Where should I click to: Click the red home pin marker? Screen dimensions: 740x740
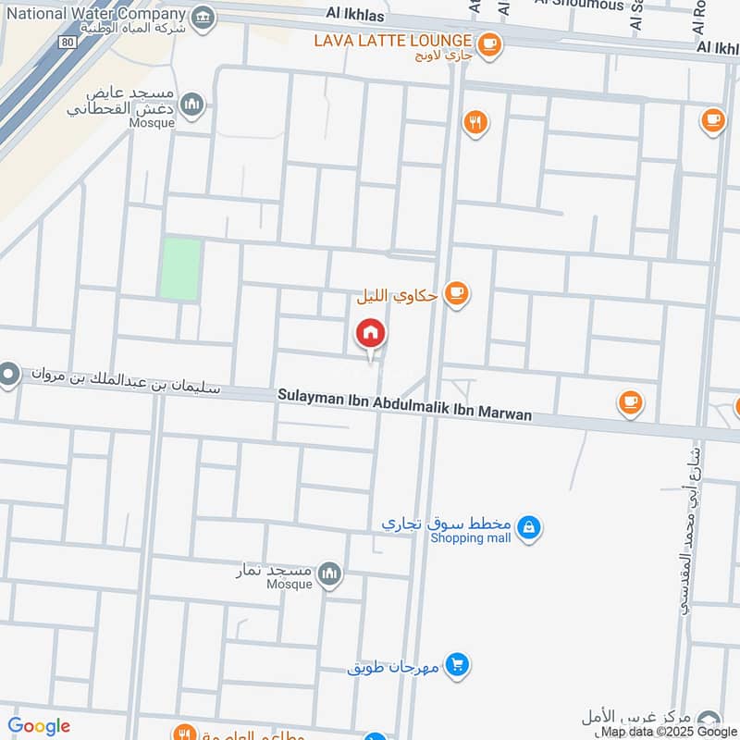tap(371, 334)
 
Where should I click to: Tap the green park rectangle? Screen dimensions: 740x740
tap(180, 268)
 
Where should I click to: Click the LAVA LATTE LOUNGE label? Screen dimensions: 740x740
tap(393, 41)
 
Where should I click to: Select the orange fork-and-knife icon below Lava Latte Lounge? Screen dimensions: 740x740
tap(475, 122)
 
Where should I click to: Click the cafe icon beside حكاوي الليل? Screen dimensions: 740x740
tap(456, 293)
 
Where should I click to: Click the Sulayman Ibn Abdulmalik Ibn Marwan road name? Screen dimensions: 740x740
tap(405, 405)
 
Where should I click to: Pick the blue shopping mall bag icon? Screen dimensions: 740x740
tap(528, 527)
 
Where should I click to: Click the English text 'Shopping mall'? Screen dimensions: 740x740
tap(471, 538)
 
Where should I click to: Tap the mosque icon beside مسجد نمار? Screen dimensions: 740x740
tap(329, 575)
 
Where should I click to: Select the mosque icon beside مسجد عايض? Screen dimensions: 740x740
tap(192, 105)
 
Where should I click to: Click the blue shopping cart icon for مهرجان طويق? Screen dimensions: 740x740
tap(455, 664)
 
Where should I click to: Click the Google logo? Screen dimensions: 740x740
tap(39, 726)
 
